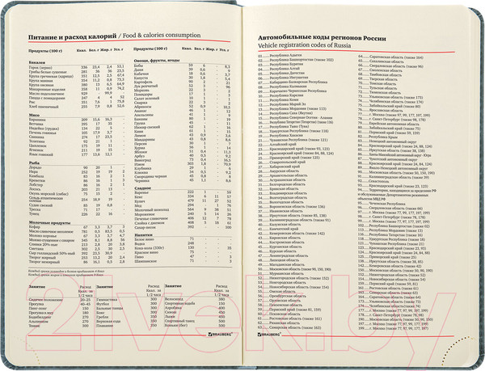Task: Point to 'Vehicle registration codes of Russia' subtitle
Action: coord(298,46)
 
